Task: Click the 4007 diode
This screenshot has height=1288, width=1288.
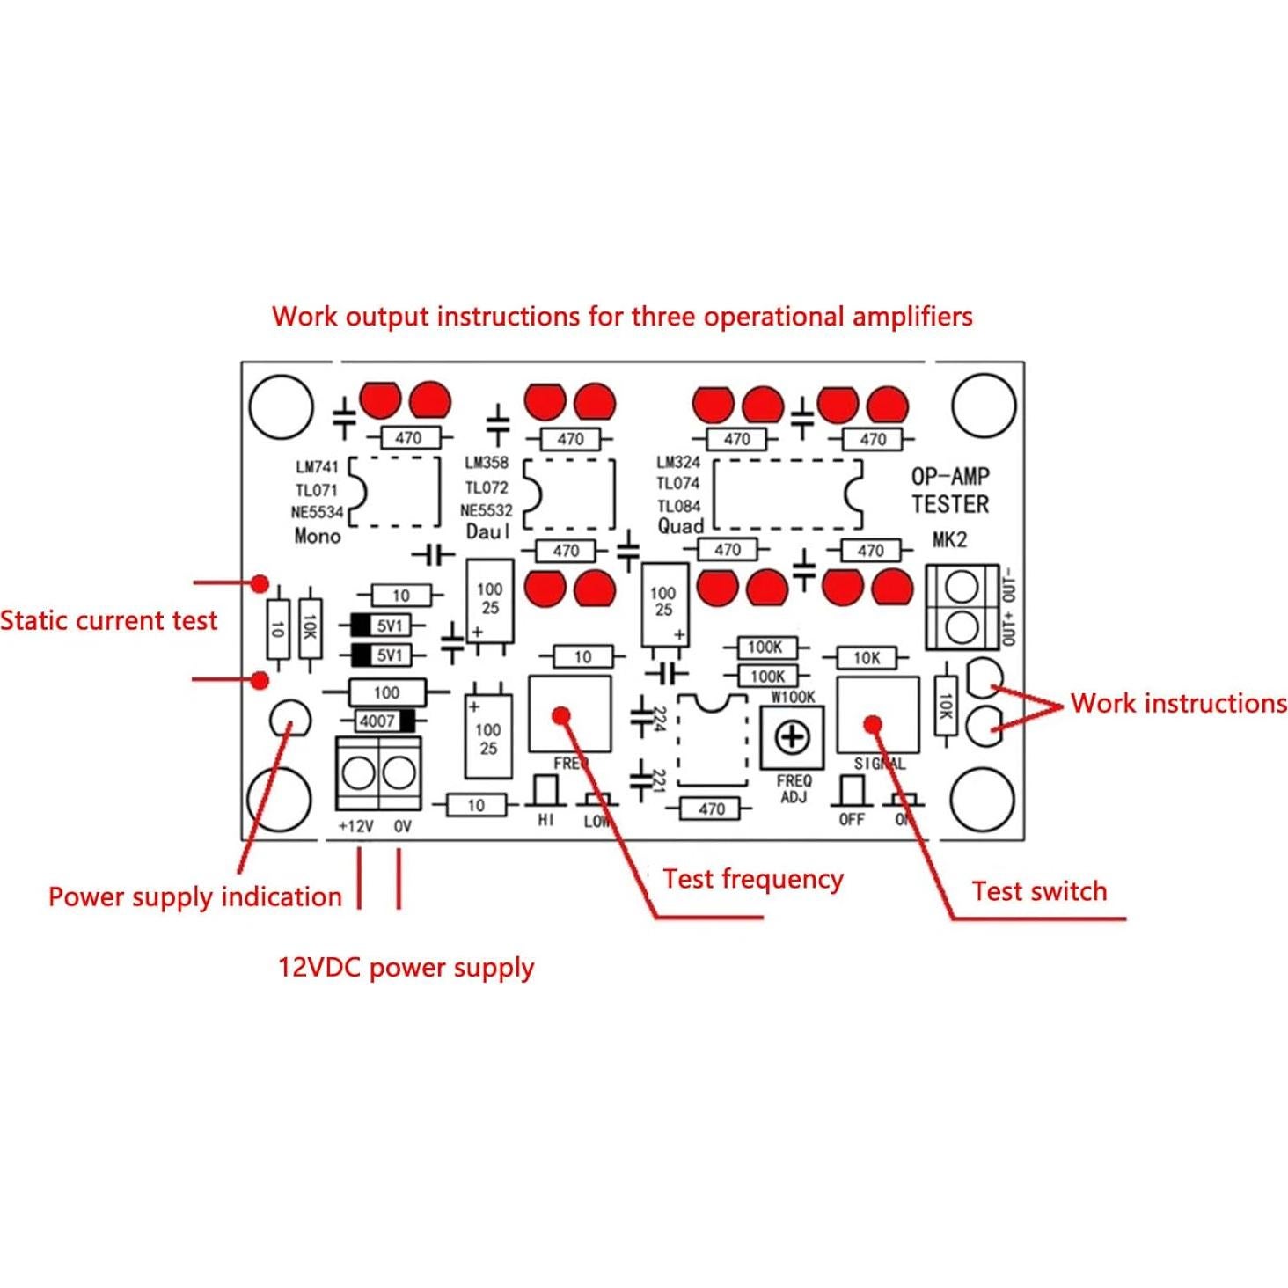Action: (x=385, y=721)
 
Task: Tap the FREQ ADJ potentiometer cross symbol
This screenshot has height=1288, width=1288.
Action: (x=792, y=735)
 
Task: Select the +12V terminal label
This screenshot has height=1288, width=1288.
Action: (x=355, y=826)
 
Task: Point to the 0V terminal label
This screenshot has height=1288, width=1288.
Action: (x=402, y=826)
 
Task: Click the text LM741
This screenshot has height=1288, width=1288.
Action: (x=317, y=467)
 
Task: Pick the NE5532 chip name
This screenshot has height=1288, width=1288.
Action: (x=486, y=510)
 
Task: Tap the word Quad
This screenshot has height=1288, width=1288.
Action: (x=680, y=526)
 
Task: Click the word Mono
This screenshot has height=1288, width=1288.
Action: (x=317, y=535)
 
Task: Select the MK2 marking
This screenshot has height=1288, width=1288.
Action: (x=949, y=539)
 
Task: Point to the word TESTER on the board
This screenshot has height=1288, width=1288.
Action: (x=949, y=504)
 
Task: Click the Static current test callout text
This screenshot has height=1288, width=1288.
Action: (x=108, y=620)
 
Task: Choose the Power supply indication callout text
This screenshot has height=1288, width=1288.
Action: (x=194, y=896)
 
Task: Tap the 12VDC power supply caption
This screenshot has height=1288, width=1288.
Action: (x=406, y=967)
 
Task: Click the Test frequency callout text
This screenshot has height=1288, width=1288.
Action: (x=753, y=879)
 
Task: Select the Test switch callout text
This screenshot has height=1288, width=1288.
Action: (x=1039, y=890)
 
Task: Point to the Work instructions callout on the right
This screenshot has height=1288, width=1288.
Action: (x=1178, y=703)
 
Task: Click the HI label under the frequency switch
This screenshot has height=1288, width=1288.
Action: (x=545, y=820)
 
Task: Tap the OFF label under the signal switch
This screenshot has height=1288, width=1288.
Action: (x=851, y=820)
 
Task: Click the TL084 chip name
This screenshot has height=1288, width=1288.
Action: (x=678, y=506)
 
